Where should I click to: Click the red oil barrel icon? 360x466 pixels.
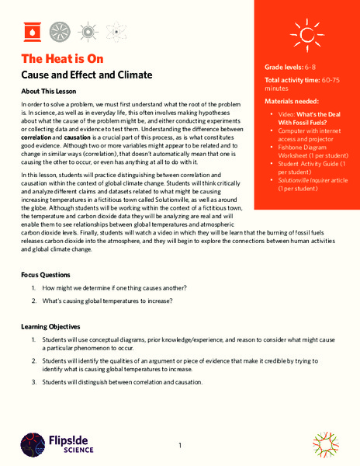click(33, 32)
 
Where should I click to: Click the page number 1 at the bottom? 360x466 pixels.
click(179, 445)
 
